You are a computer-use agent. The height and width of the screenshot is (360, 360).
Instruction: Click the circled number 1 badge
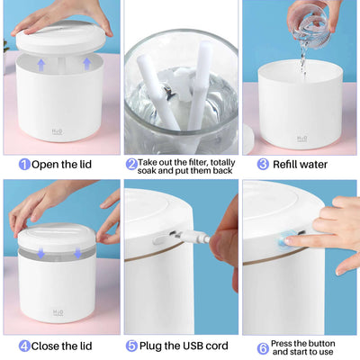[x=24, y=165]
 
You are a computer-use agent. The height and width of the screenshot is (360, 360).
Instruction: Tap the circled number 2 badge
[x=131, y=164]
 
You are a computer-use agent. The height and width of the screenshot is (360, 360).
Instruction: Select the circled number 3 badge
[x=263, y=165]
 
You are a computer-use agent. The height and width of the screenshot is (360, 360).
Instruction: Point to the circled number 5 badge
[x=131, y=346]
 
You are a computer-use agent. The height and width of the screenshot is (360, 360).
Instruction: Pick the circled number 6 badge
[x=263, y=346]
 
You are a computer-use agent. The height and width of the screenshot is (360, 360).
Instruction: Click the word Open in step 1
[x=47, y=165]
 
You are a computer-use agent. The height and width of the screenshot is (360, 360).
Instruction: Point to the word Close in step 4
[x=49, y=346]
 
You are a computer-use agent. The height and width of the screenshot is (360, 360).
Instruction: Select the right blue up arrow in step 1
[x=86, y=63]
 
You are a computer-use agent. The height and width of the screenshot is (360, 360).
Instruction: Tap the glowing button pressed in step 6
[x=289, y=239]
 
